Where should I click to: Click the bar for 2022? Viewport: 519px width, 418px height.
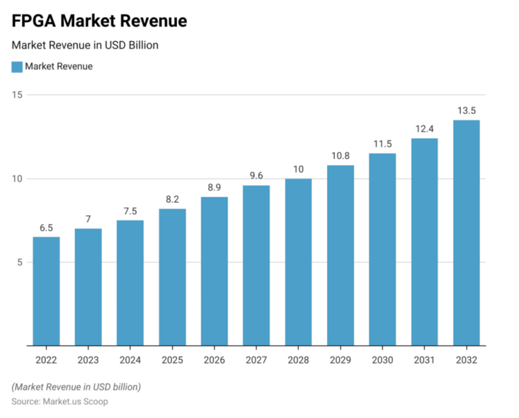coord(46,291)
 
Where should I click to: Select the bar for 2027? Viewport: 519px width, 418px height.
coord(256,265)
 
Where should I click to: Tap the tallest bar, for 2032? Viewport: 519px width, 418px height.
coord(466,233)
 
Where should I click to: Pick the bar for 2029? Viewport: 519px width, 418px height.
coord(340,255)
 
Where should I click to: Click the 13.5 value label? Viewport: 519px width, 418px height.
coord(466,111)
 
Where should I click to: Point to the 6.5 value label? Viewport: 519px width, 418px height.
coord(46,228)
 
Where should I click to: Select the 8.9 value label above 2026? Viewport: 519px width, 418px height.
coord(214,188)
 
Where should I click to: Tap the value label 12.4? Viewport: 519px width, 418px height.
coord(424,129)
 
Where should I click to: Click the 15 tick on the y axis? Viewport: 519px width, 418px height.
coord(17,95)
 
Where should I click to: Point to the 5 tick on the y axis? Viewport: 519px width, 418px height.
coord(19,262)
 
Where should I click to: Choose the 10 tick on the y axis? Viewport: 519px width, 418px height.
coord(17,179)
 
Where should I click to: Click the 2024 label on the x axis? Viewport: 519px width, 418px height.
coord(130,360)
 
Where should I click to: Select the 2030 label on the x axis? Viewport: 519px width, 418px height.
coord(382,360)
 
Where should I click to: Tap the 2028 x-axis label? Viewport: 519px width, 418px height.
coord(298,360)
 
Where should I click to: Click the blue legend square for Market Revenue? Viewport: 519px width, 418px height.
coord(17,67)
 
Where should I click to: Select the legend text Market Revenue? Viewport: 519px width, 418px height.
coord(59,67)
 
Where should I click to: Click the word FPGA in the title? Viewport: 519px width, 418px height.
coord(34,21)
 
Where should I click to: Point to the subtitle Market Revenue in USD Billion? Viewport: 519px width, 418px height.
coord(85,45)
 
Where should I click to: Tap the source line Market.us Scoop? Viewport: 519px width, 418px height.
coord(60,401)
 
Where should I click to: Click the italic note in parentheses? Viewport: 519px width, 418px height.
coord(76,386)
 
